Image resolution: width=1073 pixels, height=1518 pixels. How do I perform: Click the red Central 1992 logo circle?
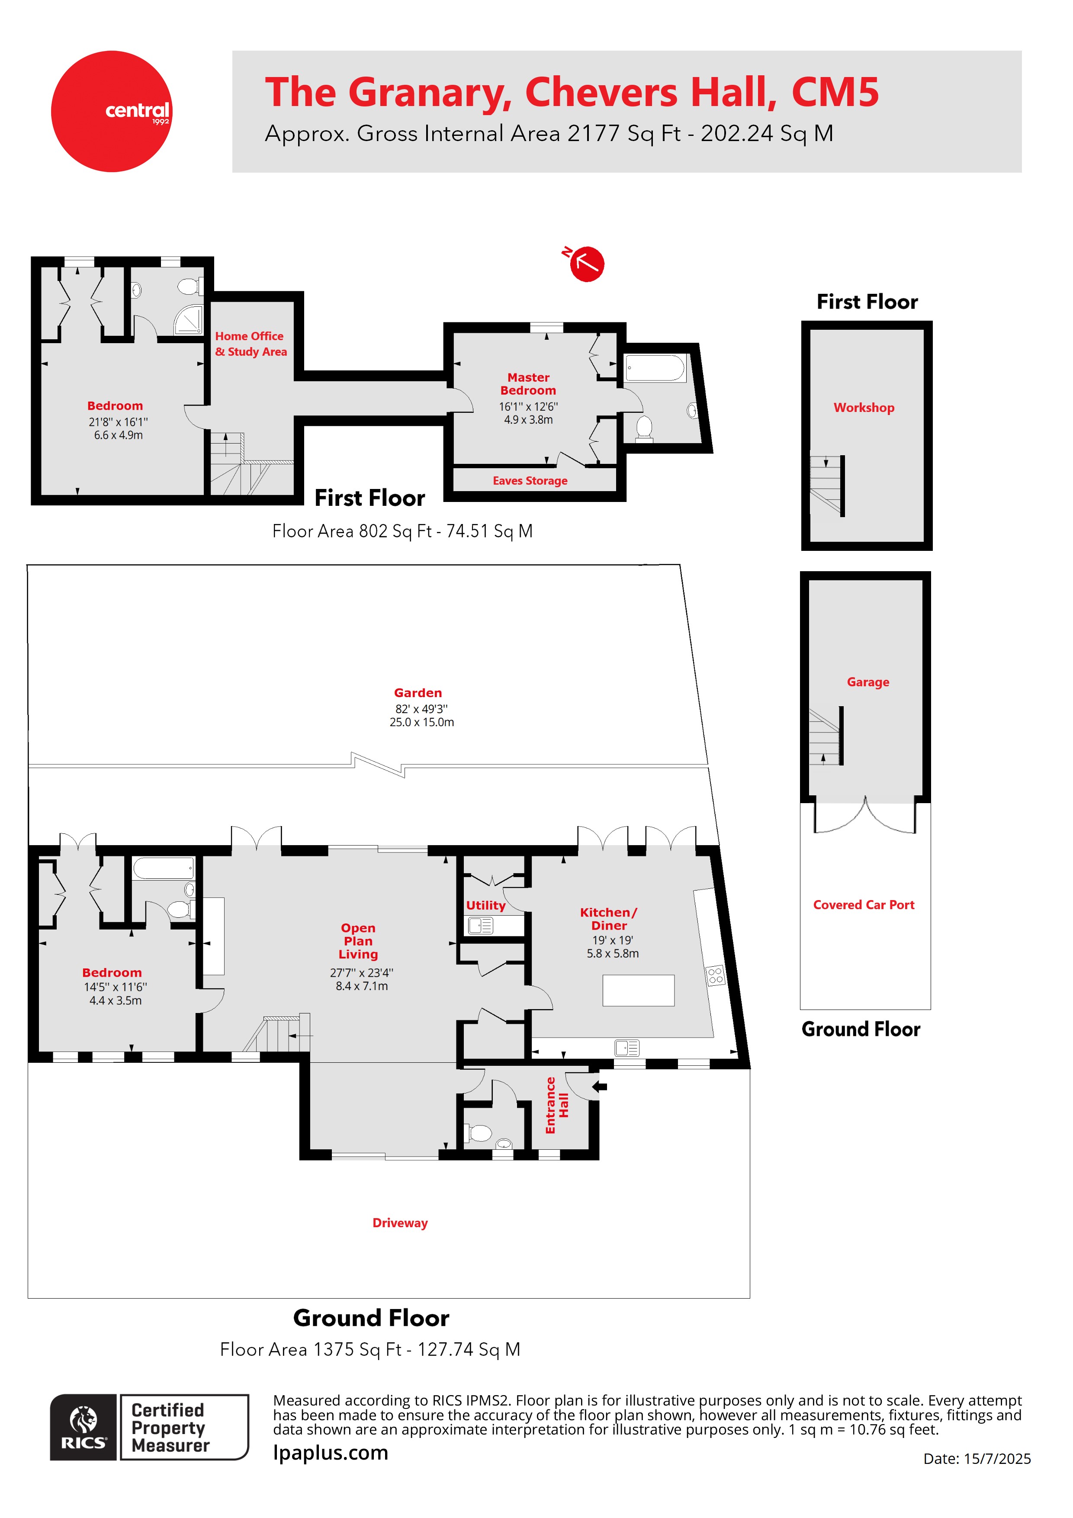pos(111,111)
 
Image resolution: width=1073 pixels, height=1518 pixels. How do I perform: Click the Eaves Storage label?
pos(530,481)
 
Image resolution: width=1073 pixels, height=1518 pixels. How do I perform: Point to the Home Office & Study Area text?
pos(251,344)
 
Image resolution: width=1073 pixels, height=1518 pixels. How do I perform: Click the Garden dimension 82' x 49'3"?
pos(421,709)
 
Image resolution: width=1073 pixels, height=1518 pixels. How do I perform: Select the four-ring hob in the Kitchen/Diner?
pos(715,976)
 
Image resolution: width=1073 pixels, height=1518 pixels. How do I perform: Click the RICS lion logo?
pos(84,1427)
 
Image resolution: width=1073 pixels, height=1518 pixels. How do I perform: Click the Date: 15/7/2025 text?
pos(977,1458)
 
